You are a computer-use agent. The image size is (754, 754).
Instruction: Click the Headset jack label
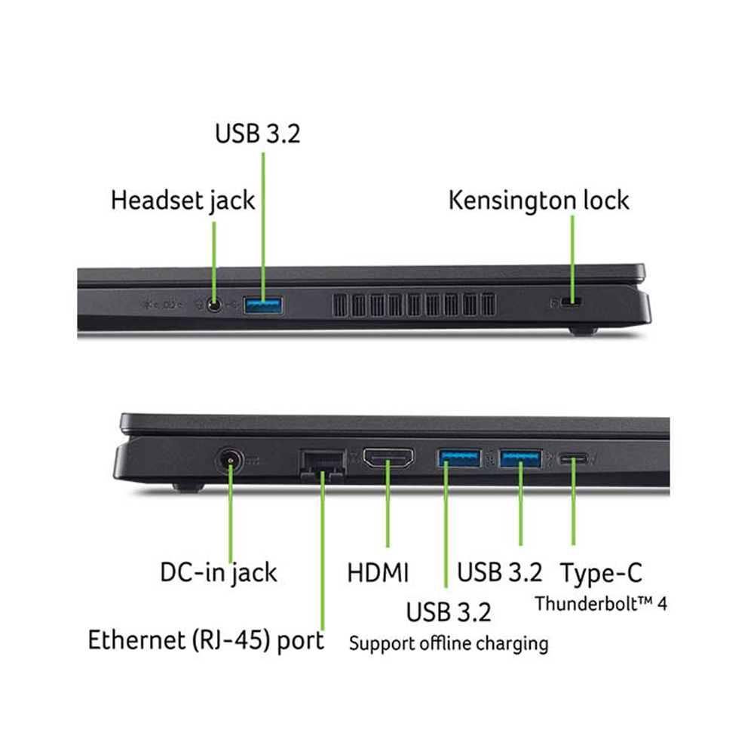(x=182, y=201)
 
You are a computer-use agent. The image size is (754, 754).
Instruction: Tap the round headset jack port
(x=215, y=305)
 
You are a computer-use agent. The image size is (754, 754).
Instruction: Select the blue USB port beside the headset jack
(x=263, y=305)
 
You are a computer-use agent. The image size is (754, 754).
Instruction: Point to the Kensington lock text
(x=538, y=201)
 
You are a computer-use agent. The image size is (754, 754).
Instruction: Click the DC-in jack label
(x=219, y=572)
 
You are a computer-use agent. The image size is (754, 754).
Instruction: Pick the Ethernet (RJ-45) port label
(x=206, y=641)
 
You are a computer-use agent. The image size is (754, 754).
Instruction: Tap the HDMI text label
(x=378, y=572)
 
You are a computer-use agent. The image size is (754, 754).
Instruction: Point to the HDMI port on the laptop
(x=388, y=458)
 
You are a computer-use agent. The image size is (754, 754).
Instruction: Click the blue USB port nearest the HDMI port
(x=459, y=456)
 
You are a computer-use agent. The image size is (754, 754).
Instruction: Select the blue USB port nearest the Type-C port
(x=520, y=456)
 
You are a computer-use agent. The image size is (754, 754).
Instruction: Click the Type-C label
(x=601, y=572)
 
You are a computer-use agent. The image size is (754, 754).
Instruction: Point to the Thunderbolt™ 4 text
(x=601, y=603)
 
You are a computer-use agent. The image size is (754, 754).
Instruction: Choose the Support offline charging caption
(x=448, y=643)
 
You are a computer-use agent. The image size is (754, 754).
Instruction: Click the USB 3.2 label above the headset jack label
(x=257, y=133)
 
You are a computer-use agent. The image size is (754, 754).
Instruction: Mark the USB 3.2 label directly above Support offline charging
(x=449, y=611)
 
